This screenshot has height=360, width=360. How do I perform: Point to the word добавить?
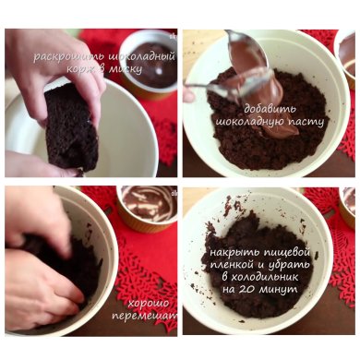pos(270,109)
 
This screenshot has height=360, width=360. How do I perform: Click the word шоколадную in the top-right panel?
pos(249,123)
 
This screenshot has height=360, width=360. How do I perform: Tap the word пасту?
pos(306,123)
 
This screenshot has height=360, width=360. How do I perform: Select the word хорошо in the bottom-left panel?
pos(149,304)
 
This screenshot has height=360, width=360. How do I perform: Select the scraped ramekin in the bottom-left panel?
pos(147,206)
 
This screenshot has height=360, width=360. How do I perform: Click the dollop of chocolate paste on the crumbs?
pos(279,130)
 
